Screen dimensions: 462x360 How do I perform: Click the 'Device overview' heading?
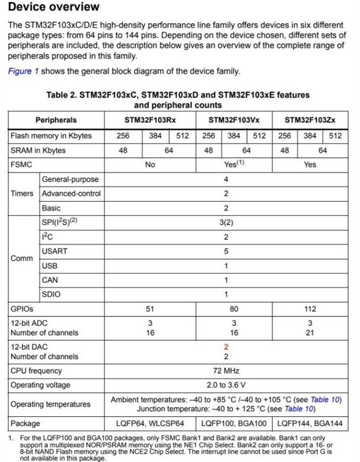(x=54, y=8)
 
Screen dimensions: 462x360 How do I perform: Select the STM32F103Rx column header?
(x=149, y=120)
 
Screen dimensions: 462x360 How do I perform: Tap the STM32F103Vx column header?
(x=234, y=120)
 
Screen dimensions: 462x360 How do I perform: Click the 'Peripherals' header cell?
(x=56, y=120)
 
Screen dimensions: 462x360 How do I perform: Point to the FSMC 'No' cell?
(x=150, y=165)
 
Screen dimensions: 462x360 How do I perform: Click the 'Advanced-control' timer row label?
(x=71, y=193)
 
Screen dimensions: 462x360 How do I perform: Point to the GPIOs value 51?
(x=149, y=309)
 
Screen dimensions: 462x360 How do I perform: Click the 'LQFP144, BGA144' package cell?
(x=310, y=424)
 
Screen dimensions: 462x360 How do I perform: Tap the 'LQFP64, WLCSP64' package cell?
(x=151, y=424)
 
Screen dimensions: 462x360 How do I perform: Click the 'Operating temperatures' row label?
(x=50, y=404)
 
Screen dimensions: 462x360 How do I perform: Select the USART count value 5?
(x=226, y=251)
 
